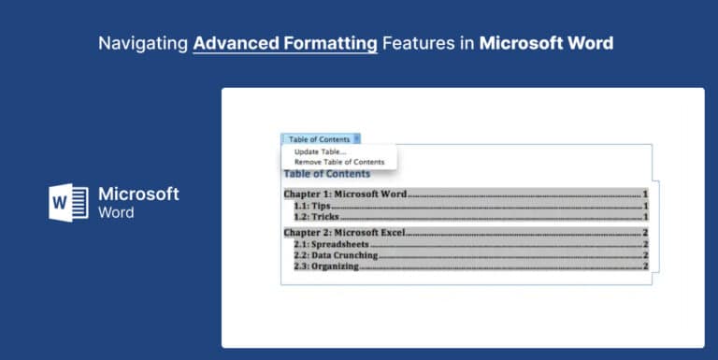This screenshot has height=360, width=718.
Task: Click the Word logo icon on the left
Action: click(68, 202)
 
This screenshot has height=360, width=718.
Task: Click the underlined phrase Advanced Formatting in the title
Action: click(285, 44)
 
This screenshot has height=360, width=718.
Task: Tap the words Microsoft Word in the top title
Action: click(547, 44)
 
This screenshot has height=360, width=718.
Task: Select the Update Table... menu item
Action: click(320, 151)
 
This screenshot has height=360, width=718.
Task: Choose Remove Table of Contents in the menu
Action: click(338, 162)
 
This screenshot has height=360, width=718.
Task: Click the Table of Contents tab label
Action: click(319, 139)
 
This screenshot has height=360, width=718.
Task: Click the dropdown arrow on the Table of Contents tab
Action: click(357, 139)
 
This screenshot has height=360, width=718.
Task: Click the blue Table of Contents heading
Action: click(326, 174)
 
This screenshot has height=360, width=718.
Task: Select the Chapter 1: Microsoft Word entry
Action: click(345, 194)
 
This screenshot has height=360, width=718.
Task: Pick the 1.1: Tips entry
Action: click(312, 206)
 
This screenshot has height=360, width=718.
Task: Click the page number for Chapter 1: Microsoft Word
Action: click(645, 194)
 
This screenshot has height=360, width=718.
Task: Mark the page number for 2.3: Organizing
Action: click(645, 266)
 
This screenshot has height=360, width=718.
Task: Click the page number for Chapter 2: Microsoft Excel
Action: click(645, 232)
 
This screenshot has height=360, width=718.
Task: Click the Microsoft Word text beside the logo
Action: click(138, 203)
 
